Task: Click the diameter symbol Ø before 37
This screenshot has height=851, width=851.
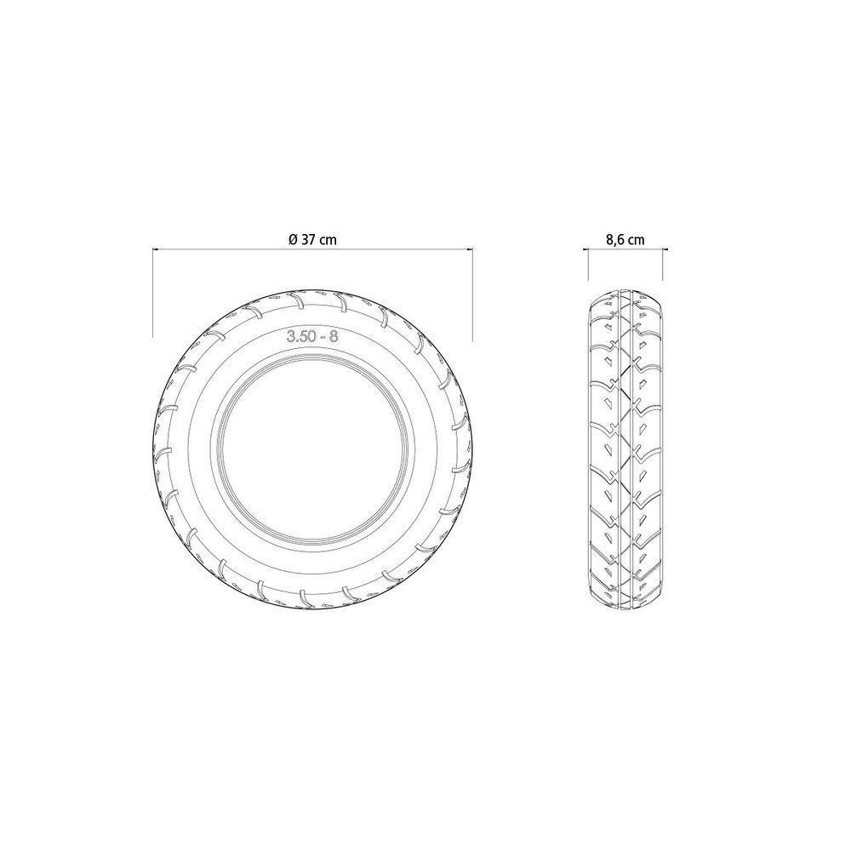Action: (292, 240)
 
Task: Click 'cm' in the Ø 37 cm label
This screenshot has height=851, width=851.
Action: (328, 240)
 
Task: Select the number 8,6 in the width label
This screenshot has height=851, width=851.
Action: (614, 240)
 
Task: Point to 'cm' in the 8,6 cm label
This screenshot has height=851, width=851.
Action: (636, 240)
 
